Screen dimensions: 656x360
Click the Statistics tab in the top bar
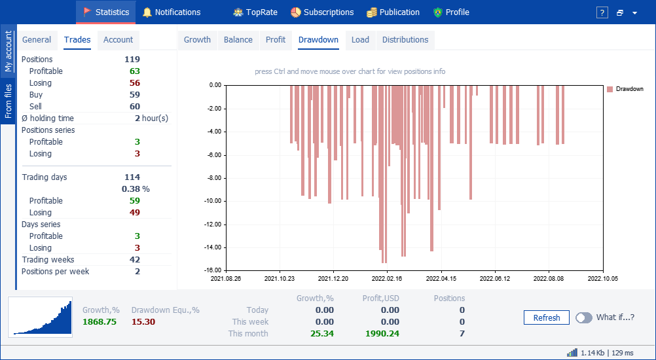[x=106, y=12]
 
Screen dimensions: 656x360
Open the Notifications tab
[x=172, y=12]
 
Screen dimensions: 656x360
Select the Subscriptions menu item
[x=322, y=12]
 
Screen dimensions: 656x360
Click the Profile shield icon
[x=437, y=12]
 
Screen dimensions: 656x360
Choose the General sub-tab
[x=37, y=40]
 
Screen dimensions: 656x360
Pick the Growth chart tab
[x=198, y=40]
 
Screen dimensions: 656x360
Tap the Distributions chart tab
[x=405, y=40]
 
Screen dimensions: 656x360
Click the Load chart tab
[x=360, y=40]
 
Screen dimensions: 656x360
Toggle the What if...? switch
[x=584, y=317]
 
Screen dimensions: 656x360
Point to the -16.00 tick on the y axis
[x=213, y=270]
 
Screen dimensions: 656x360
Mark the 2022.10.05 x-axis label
[x=603, y=278]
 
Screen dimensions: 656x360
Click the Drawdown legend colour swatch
[x=610, y=89]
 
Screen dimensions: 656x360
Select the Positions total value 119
[x=132, y=60]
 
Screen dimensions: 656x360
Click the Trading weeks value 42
[x=135, y=260]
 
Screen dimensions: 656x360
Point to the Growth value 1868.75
[x=100, y=322]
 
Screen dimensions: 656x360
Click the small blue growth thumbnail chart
[x=40, y=317]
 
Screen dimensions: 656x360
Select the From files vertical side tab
[x=9, y=101]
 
